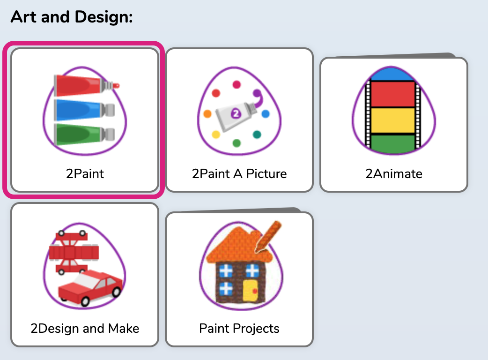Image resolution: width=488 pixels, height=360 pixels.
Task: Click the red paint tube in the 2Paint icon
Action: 86,85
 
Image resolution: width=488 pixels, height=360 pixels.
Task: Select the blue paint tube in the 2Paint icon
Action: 84,110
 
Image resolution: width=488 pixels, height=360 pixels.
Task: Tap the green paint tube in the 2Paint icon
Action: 84,134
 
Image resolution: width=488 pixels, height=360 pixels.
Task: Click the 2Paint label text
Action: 85,174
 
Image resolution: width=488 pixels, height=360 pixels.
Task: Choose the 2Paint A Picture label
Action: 239,174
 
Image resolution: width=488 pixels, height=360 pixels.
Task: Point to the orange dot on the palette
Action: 207,114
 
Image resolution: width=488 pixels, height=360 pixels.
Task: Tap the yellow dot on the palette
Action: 216,135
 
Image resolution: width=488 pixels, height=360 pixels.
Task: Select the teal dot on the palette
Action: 257,135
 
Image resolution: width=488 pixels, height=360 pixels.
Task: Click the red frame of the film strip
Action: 393,94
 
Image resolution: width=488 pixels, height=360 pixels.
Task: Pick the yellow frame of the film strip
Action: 393,120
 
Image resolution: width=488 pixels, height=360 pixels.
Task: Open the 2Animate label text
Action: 394,174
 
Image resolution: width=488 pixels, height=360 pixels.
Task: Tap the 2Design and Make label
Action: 85,329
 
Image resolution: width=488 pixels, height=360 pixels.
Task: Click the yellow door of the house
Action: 250,291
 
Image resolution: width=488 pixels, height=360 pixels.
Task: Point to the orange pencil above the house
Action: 268,236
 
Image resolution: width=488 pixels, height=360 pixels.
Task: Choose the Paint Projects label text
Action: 239,329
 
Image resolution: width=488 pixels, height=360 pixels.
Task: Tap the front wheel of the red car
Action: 85,301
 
